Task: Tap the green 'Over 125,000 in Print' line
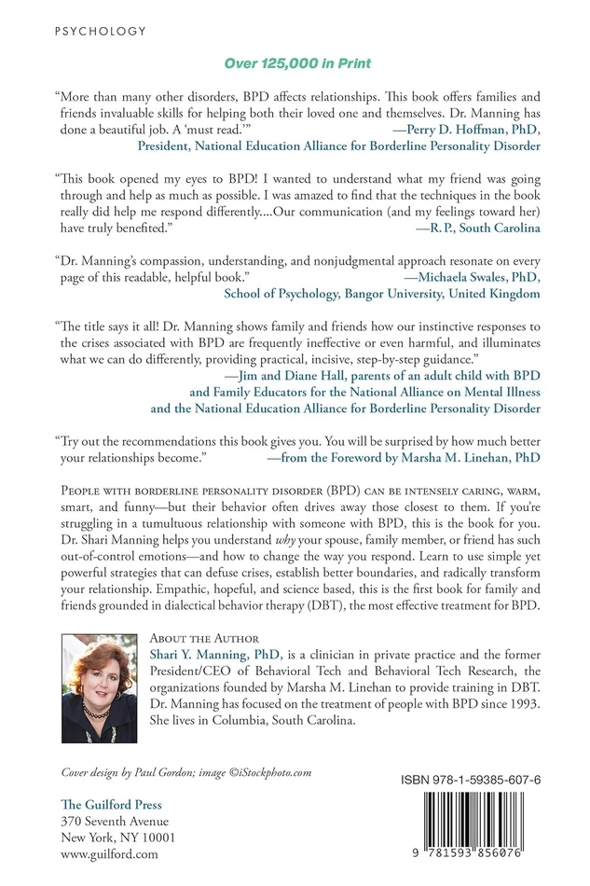pos(295,63)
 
